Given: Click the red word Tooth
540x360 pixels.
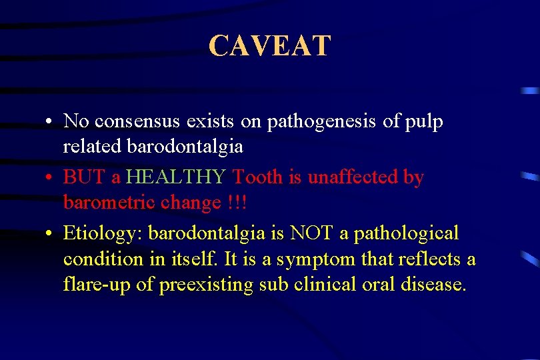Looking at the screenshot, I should click(x=257, y=178).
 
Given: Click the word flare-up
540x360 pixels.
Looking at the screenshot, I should click(x=92, y=285).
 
